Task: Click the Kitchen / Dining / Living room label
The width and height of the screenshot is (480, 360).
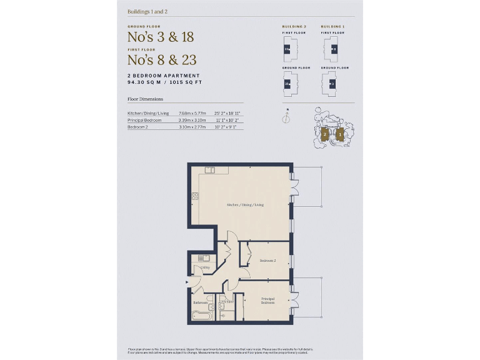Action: (x=246, y=204)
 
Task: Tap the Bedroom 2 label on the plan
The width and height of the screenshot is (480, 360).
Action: (x=267, y=260)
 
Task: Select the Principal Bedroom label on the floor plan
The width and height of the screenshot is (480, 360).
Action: (x=268, y=301)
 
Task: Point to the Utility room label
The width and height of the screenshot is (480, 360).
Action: (x=204, y=267)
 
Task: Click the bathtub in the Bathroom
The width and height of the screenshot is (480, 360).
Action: (x=201, y=315)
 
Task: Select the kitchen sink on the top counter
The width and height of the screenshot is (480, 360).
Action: (x=210, y=169)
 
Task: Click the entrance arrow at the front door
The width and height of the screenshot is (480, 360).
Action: (x=186, y=282)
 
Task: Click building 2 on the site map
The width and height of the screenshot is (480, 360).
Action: (x=325, y=134)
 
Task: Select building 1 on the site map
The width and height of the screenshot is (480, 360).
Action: (x=339, y=134)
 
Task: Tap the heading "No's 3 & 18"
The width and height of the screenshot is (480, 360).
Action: (x=161, y=37)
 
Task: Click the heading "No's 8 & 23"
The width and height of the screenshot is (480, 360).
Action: (x=162, y=60)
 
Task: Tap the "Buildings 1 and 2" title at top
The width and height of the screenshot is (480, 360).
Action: (x=147, y=11)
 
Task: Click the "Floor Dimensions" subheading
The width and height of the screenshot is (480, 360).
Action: (x=146, y=99)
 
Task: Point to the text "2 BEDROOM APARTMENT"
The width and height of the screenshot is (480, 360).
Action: (x=163, y=76)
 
